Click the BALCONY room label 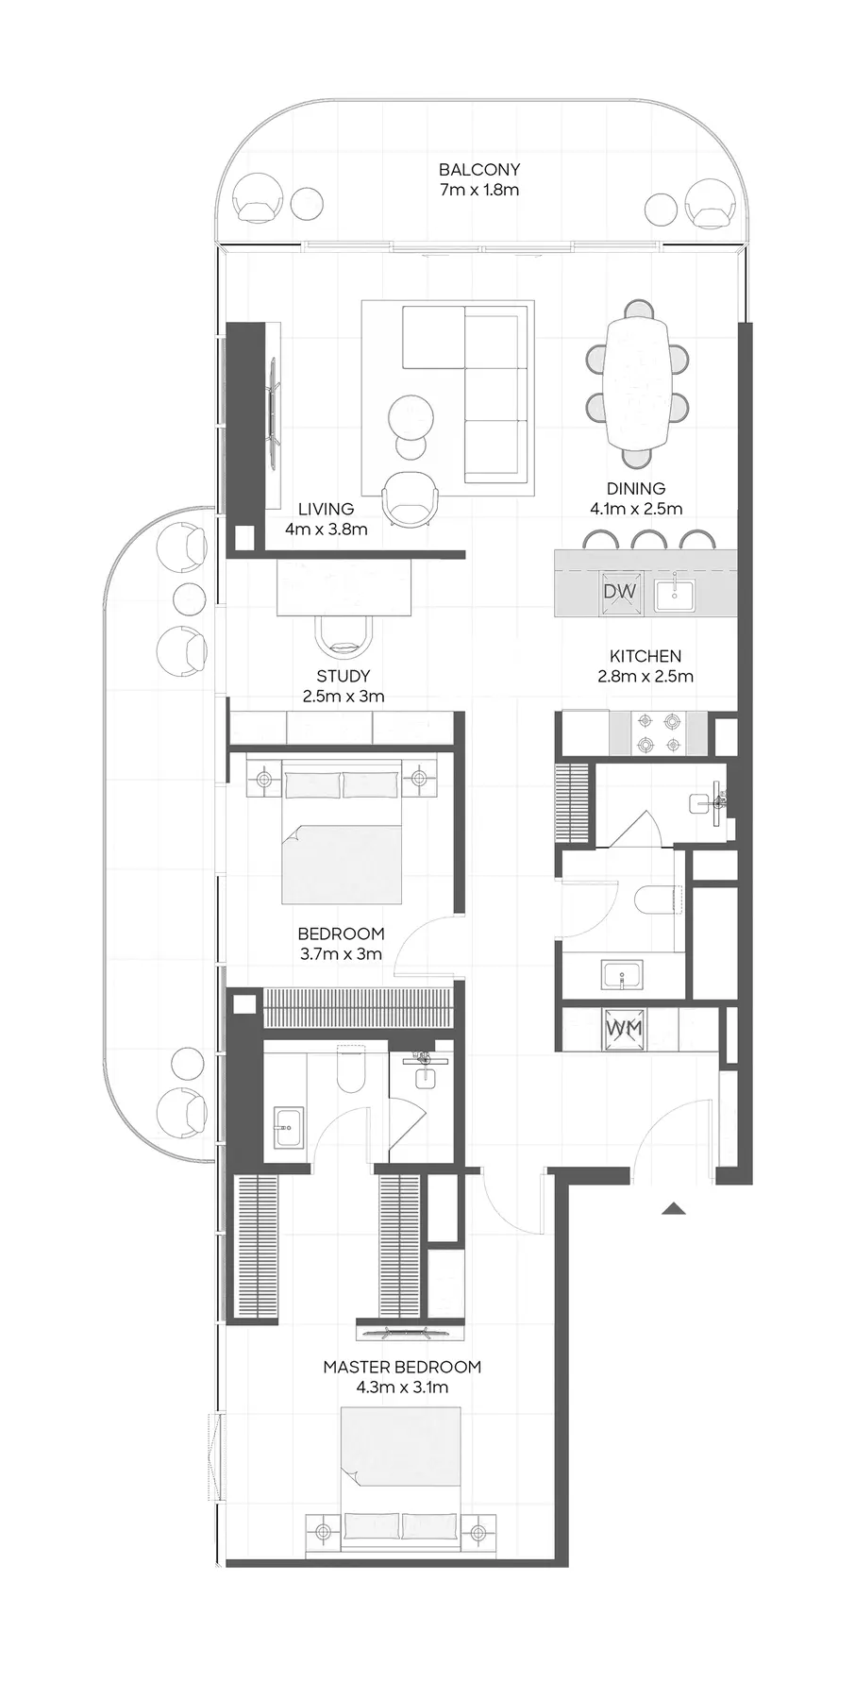(478, 170)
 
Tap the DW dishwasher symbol (620, 592)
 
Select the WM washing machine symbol (623, 1028)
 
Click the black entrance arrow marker (673, 1208)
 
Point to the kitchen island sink (675, 593)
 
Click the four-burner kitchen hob (659, 732)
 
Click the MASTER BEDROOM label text (402, 1367)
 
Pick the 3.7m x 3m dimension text (342, 953)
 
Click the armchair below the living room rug (411, 496)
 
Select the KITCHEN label (645, 656)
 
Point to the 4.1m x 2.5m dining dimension (636, 508)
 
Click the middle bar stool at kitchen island (648, 541)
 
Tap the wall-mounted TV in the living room (275, 415)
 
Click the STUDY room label (344, 676)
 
